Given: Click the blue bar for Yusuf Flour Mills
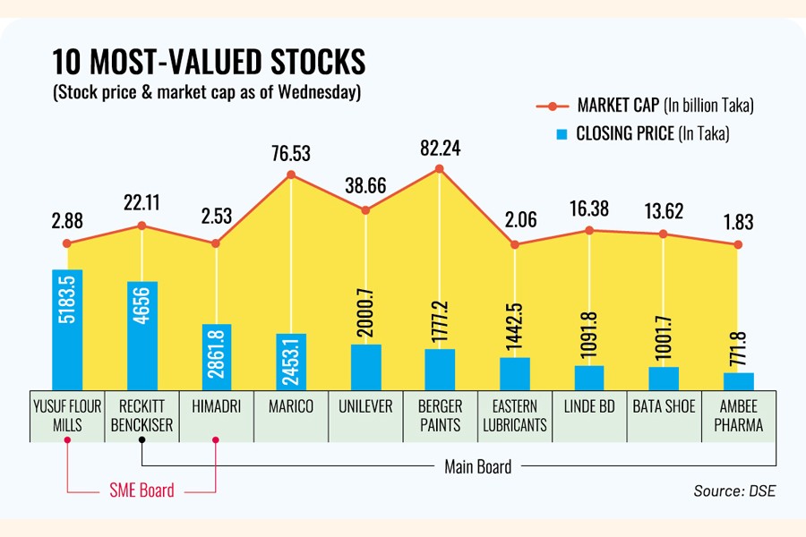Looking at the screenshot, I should pos(68,328).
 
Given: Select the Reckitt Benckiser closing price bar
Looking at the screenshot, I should pos(142,334).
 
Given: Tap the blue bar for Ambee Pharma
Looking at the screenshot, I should pos(739,380).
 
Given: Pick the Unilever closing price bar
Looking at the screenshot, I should pos(365,366).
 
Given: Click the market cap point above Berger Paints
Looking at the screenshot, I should pos(440,168).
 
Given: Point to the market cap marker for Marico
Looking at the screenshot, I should pos(291,175).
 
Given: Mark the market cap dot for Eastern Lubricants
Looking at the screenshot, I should pos(514,244).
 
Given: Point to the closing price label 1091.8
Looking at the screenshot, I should pos(589,335).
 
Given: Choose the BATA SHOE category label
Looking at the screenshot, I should pos(664,406).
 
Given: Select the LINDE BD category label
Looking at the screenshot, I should pos(589,406).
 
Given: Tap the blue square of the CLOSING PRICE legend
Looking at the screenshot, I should pos(562,134).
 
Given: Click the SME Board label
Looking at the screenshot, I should pos(141,490).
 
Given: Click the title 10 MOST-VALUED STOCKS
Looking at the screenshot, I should pos(209,63).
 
